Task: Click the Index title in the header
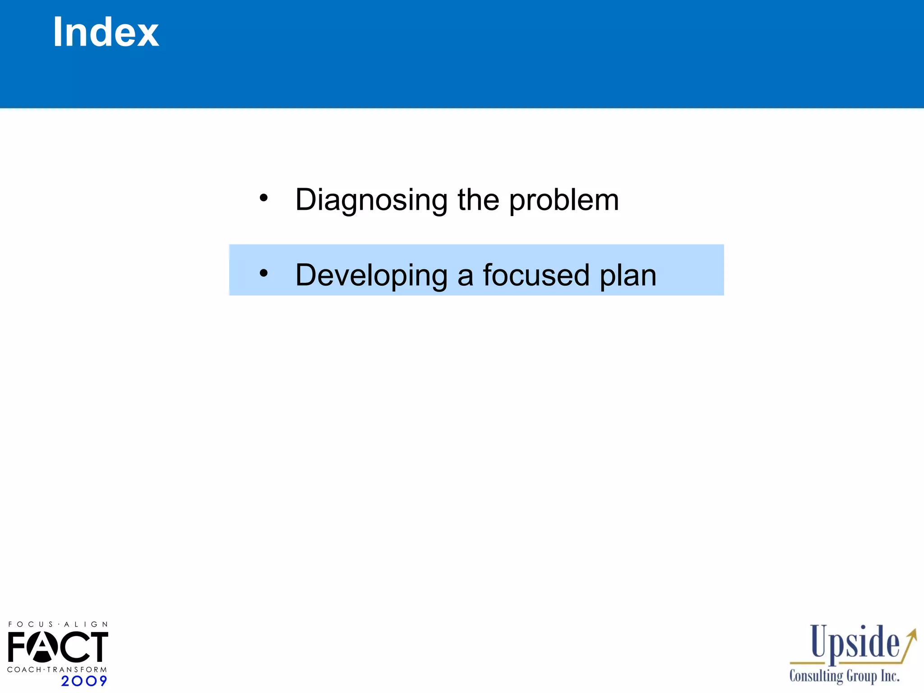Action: (x=106, y=32)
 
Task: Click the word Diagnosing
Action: (x=371, y=200)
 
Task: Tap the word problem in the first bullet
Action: (x=564, y=200)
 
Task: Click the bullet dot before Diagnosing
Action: (x=264, y=198)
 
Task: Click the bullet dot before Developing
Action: (x=264, y=273)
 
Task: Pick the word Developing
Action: (x=371, y=275)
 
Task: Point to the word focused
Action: (x=536, y=275)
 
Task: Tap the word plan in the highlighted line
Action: (x=628, y=275)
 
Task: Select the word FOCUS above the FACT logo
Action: (x=31, y=624)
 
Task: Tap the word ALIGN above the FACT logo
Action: (x=86, y=624)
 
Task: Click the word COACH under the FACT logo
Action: (x=24, y=670)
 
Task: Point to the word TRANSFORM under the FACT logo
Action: (x=77, y=670)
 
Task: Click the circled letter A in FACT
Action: (x=42, y=647)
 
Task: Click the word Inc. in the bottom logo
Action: (x=890, y=676)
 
